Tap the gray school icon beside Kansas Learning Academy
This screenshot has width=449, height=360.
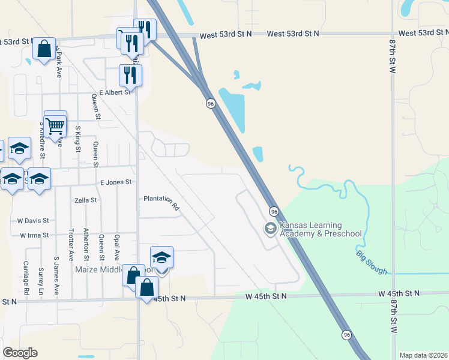point(270,229)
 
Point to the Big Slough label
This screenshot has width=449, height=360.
point(370,262)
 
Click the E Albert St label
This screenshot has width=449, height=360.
point(115,92)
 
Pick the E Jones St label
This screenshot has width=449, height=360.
point(115,182)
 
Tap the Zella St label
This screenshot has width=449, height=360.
point(85,200)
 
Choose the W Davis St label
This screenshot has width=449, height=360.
point(32,221)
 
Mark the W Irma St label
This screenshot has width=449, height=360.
point(34,236)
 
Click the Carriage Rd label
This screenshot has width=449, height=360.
point(26,278)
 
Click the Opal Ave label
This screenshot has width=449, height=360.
point(116,247)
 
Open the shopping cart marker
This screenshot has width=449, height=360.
point(55,126)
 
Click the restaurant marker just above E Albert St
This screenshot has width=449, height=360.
point(130,75)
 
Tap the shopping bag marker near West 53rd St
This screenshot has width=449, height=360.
point(44,49)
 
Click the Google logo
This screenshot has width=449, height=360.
point(20,353)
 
